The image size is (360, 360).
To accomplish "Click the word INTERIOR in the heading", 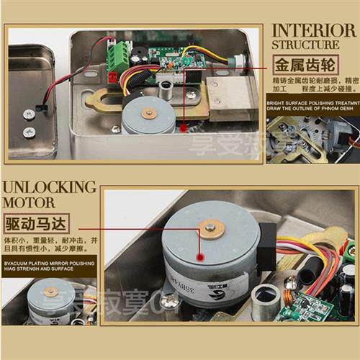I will click(x=314, y=31).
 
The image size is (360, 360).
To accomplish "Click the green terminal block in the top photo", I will click(x=118, y=54).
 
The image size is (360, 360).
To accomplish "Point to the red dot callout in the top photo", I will click(x=184, y=127).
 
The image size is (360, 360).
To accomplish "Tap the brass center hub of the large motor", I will click(x=210, y=229).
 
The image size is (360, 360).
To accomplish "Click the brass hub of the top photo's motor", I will click(x=149, y=112).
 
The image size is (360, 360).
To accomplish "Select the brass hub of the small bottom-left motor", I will click(x=50, y=292).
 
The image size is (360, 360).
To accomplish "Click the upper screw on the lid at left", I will click(x=28, y=114).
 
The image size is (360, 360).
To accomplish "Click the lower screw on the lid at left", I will click(x=29, y=132).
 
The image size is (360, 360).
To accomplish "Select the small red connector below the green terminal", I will click(x=112, y=76).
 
